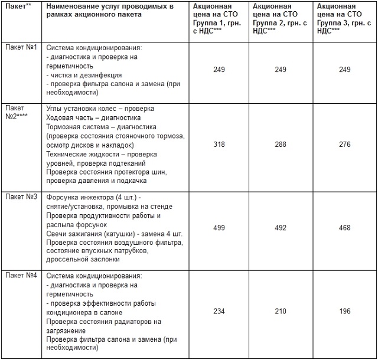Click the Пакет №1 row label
21,47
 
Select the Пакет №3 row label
21,197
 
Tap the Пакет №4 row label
21,276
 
